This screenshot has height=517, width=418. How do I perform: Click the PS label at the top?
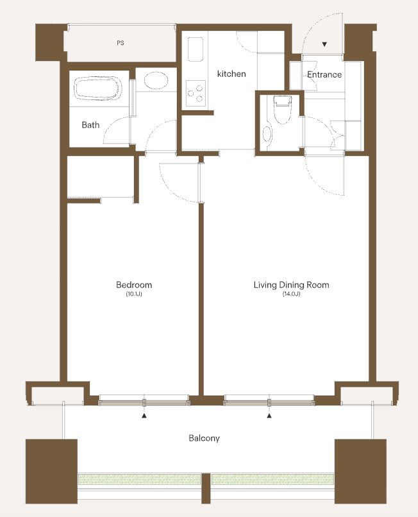(x=121, y=43)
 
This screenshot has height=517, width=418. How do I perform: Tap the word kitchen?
(x=231, y=74)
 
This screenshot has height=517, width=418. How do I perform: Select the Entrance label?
(x=324, y=74)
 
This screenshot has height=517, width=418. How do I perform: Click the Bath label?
(x=90, y=124)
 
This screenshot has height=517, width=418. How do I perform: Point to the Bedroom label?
(x=134, y=285)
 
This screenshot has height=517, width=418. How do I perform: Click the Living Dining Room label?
(x=291, y=285)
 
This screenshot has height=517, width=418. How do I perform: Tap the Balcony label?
(x=204, y=438)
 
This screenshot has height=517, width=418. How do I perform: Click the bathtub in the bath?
(x=98, y=88)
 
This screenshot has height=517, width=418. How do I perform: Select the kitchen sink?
(x=195, y=49)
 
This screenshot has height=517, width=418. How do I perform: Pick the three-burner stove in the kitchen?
(x=196, y=93)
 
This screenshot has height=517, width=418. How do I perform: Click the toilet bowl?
(x=283, y=110)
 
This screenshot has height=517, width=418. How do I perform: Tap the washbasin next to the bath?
(x=156, y=81)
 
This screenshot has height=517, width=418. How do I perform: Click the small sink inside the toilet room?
(x=267, y=133)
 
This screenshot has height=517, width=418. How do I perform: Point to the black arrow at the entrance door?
(x=324, y=44)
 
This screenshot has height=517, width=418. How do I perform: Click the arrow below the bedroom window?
(x=144, y=416)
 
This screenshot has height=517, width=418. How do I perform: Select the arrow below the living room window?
(x=269, y=416)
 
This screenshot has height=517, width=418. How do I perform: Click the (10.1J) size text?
(x=134, y=294)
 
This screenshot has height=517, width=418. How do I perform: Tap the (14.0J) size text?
(x=292, y=294)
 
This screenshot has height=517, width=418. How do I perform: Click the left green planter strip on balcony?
(x=139, y=479)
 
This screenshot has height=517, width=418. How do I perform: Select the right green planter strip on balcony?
(x=272, y=479)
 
